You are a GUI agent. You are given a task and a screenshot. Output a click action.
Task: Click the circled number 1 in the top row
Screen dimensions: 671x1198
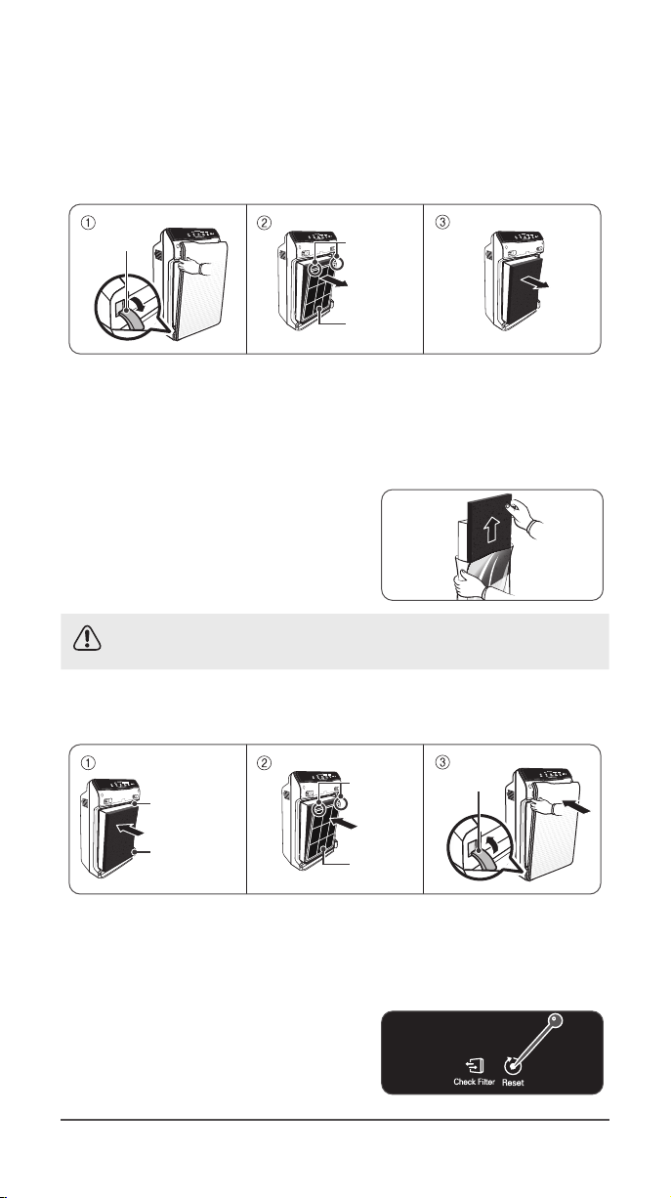pos(87,222)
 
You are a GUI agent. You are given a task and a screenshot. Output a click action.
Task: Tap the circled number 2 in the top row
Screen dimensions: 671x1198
pos(264,222)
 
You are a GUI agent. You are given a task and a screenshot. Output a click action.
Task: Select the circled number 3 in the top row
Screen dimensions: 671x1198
pos(442,222)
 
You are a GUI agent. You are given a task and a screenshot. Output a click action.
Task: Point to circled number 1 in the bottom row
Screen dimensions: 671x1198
pos(87,761)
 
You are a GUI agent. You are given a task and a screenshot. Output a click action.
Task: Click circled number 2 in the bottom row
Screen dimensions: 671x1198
pos(264,761)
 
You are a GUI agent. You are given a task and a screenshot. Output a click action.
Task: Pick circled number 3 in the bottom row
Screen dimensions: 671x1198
pos(442,761)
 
